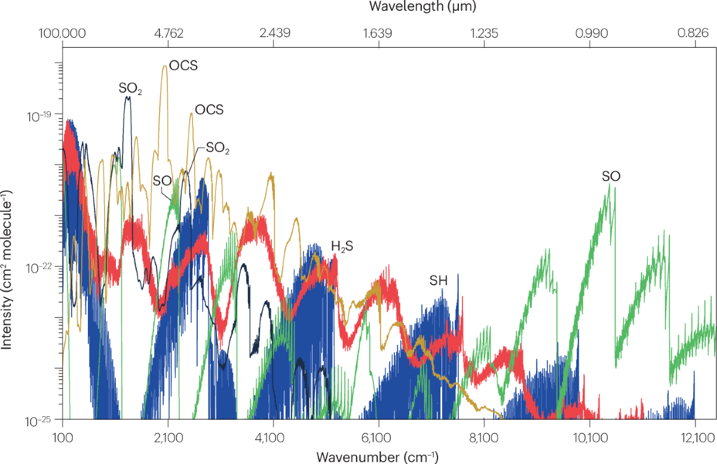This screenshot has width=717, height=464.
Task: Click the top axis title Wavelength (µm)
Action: pos(422,7)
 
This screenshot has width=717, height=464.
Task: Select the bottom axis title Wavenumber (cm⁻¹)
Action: pos(378,457)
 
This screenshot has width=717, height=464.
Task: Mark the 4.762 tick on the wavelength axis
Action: pos(168,32)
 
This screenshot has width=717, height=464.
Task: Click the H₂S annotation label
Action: pos(342,246)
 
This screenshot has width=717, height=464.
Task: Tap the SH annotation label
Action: pos(438,280)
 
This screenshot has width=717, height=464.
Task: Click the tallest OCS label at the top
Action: pos(183,65)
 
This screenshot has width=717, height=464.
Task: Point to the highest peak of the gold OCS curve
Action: pos(165,66)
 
